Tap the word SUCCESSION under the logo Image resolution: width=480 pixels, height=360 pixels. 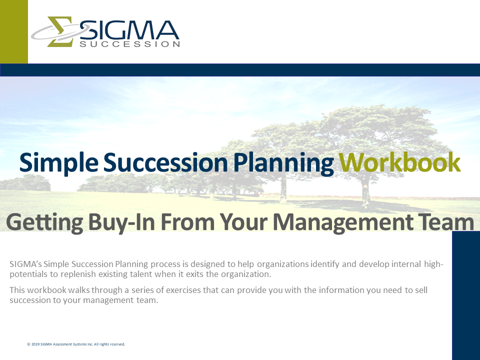pyautogui.click(x=129, y=44)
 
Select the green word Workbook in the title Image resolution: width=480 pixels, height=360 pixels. pyautogui.click(x=399, y=162)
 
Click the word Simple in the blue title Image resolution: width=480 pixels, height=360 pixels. pyautogui.click(x=59, y=163)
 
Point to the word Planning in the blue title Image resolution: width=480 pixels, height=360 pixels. pyautogui.click(x=283, y=163)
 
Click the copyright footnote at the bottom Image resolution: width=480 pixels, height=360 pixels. pyautogui.click(x=76, y=344)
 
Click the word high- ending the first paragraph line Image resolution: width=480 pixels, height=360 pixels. pyautogui.click(x=434, y=264)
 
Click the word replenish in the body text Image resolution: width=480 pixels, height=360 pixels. pyautogui.click(x=78, y=274)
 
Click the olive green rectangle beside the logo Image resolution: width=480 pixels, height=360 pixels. pyautogui.click(x=14, y=31)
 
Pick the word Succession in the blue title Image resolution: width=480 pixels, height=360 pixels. pyautogui.click(x=165, y=162)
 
